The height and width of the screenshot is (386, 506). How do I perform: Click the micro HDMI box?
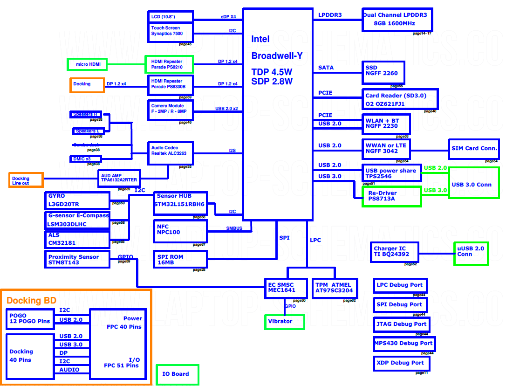(x=85, y=64)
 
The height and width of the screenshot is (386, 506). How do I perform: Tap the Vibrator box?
(x=284, y=322)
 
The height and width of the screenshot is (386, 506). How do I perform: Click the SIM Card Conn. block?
(x=474, y=149)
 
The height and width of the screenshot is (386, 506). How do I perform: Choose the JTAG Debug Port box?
(x=401, y=324)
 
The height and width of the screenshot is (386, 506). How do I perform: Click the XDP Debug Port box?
(x=400, y=363)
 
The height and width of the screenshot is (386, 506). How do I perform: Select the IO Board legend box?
(x=177, y=374)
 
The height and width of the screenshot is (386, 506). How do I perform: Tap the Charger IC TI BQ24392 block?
(x=394, y=252)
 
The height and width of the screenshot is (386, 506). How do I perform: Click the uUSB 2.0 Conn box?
(x=471, y=253)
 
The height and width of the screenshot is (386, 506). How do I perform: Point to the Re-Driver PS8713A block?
(x=392, y=196)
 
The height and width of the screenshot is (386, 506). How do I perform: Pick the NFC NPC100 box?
(x=180, y=231)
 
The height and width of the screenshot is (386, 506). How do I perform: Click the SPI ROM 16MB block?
(x=180, y=259)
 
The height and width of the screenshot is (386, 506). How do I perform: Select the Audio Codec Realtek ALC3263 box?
(x=170, y=153)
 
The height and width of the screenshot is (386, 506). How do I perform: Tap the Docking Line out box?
(x=26, y=180)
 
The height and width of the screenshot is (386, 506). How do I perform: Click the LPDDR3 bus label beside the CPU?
(x=330, y=15)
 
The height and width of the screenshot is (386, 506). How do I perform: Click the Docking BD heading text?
(x=31, y=301)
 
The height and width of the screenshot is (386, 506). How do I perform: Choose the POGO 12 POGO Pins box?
(x=29, y=318)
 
